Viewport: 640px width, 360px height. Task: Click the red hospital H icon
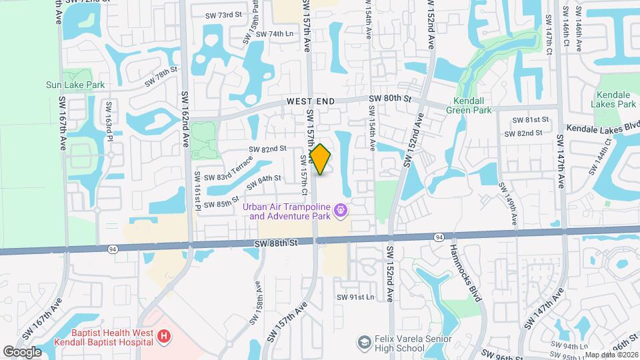click(x=164, y=337)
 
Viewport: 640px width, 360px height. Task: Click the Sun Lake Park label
click(x=75, y=85)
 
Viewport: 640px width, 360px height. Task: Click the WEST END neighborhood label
click(x=311, y=101)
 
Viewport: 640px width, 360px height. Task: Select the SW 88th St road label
click(x=275, y=244)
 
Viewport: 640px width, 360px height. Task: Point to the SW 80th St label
click(x=392, y=99)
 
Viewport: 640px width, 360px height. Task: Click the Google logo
click(x=22, y=351)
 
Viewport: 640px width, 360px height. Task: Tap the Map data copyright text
click(x=611, y=355)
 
